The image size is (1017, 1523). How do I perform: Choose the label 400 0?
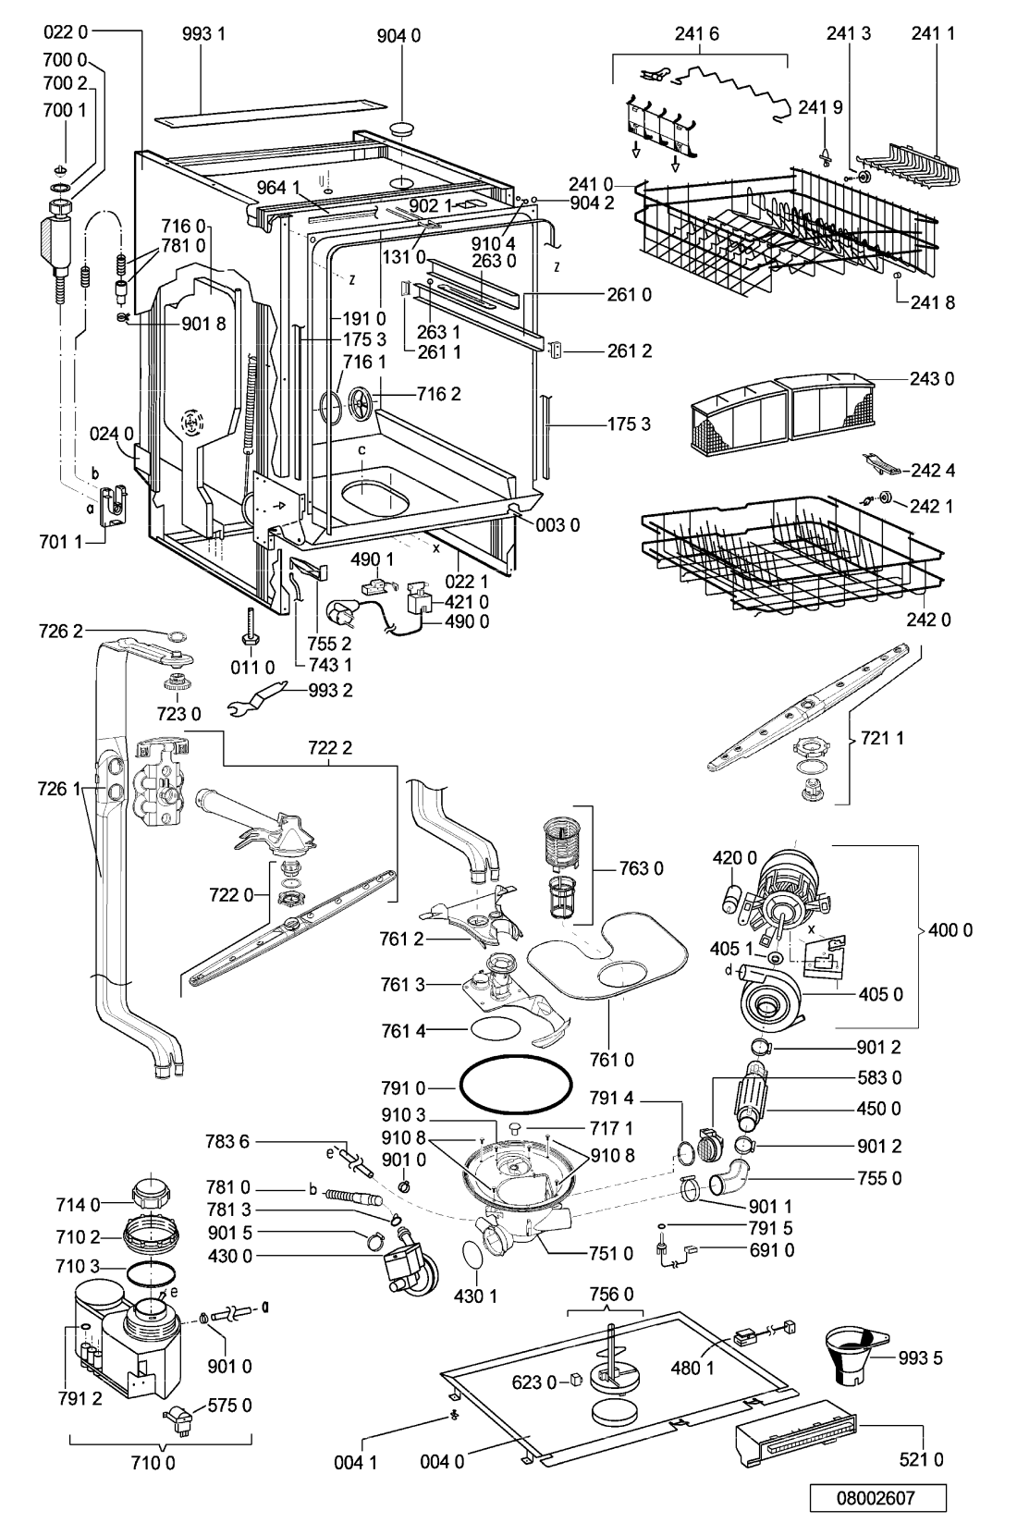(952, 930)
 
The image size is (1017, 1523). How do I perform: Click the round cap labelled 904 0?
(403, 129)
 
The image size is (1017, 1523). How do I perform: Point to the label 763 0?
(642, 868)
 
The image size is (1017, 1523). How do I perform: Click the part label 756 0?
(611, 1294)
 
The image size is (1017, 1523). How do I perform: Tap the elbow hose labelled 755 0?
(733, 1182)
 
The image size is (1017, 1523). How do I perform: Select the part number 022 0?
(65, 32)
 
